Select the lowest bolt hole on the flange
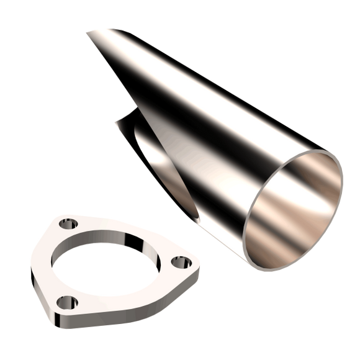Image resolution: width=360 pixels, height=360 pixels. tap(67, 302)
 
